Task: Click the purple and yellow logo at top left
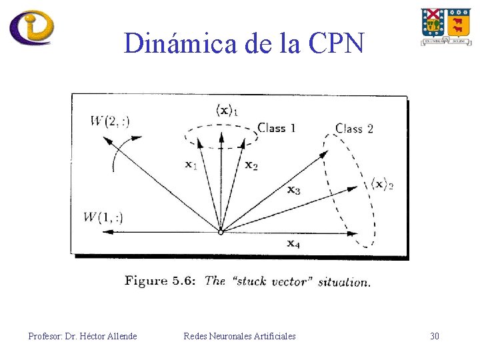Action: tap(31, 27)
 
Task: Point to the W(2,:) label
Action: tap(110, 121)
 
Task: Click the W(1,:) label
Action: tap(103, 217)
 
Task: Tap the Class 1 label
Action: tap(277, 127)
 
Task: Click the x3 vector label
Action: tap(293, 191)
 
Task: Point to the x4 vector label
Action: tap(293, 243)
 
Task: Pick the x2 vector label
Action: tap(251, 165)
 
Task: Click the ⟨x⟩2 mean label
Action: tap(382, 184)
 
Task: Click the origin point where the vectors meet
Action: tap(221, 232)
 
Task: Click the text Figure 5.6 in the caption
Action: tap(159, 281)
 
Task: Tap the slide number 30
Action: tap(434, 336)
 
